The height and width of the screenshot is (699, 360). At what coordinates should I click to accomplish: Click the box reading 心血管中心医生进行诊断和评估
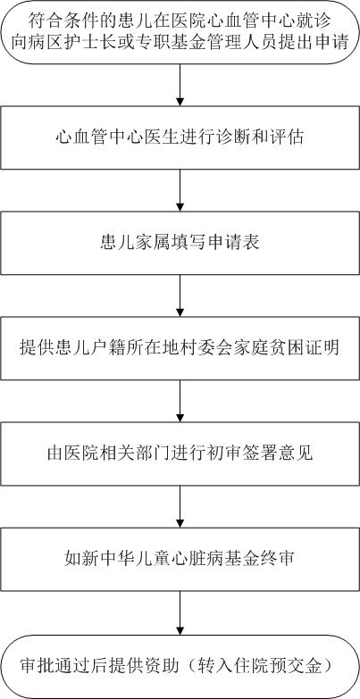click(x=180, y=137)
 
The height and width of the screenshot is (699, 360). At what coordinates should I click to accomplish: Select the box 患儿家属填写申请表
click(x=180, y=243)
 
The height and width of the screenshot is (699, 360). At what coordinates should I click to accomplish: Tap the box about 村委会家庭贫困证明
click(x=180, y=348)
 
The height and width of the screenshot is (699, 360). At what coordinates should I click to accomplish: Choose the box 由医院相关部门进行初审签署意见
click(x=180, y=454)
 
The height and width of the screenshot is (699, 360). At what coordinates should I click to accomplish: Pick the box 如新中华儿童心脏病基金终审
click(x=180, y=559)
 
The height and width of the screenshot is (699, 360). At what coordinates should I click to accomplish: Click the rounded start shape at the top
click(x=180, y=32)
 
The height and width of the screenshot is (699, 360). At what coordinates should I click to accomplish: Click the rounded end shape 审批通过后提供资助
click(x=180, y=666)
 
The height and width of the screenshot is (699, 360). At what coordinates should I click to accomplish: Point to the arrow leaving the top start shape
click(x=180, y=85)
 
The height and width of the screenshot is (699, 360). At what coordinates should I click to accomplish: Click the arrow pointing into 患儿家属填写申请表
click(x=180, y=190)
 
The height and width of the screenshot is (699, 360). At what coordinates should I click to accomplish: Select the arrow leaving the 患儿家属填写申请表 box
click(x=180, y=295)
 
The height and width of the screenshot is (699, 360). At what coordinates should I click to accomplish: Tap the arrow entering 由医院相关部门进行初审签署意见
click(x=180, y=401)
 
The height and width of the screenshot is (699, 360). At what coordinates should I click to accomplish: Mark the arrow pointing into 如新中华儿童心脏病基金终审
click(x=180, y=506)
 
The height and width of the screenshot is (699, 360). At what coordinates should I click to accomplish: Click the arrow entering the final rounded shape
click(x=180, y=612)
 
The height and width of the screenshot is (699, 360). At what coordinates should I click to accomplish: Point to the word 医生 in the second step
click(x=155, y=137)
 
